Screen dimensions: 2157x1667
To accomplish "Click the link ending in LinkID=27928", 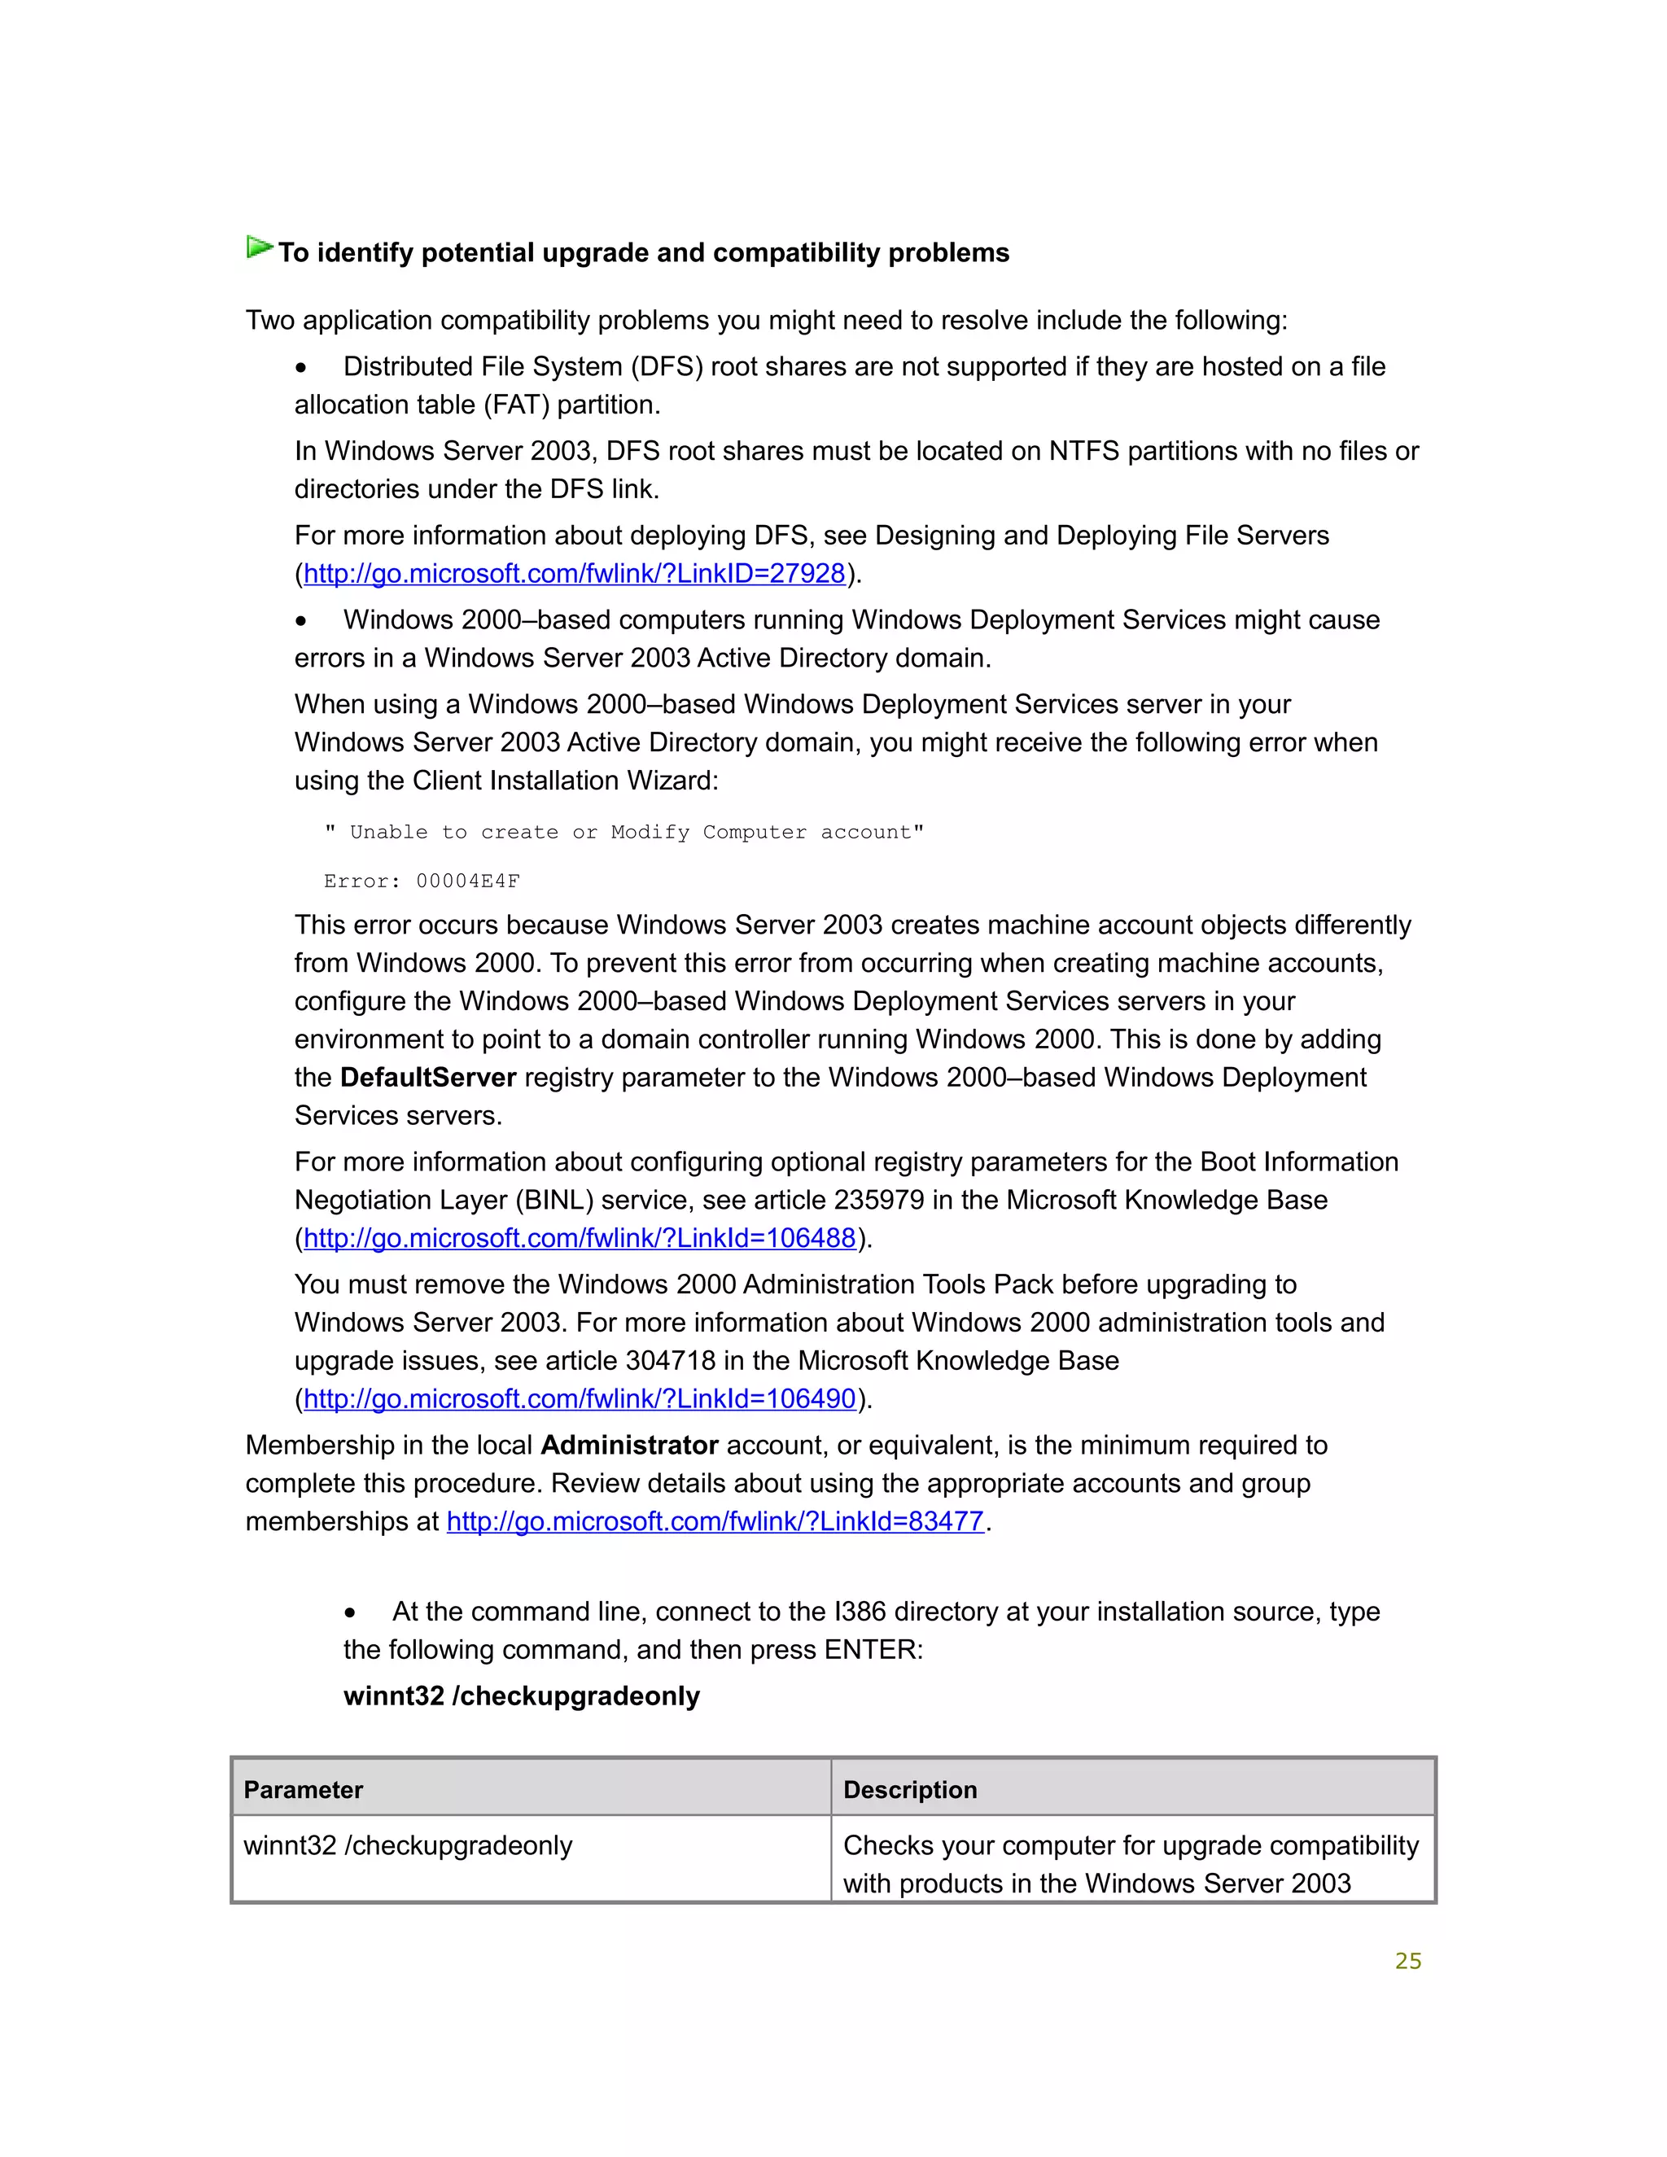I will point(574,574).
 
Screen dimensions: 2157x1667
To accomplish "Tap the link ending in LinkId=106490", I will point(579,1399).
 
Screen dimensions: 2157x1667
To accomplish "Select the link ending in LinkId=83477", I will point(715,1522).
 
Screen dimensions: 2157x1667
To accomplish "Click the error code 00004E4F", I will point(467,881).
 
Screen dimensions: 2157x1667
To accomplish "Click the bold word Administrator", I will point(629,1446).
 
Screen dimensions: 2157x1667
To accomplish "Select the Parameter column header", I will point(303,1791).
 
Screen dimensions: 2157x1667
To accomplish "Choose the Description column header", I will point(909,1791).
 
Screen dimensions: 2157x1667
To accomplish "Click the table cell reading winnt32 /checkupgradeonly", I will point(408,1846).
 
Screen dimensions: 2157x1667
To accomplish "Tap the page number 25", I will point(1407,1962).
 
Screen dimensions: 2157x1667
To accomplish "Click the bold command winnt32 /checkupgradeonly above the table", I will point(522,1697).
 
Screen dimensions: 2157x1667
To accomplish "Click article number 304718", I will point(671,1361).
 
